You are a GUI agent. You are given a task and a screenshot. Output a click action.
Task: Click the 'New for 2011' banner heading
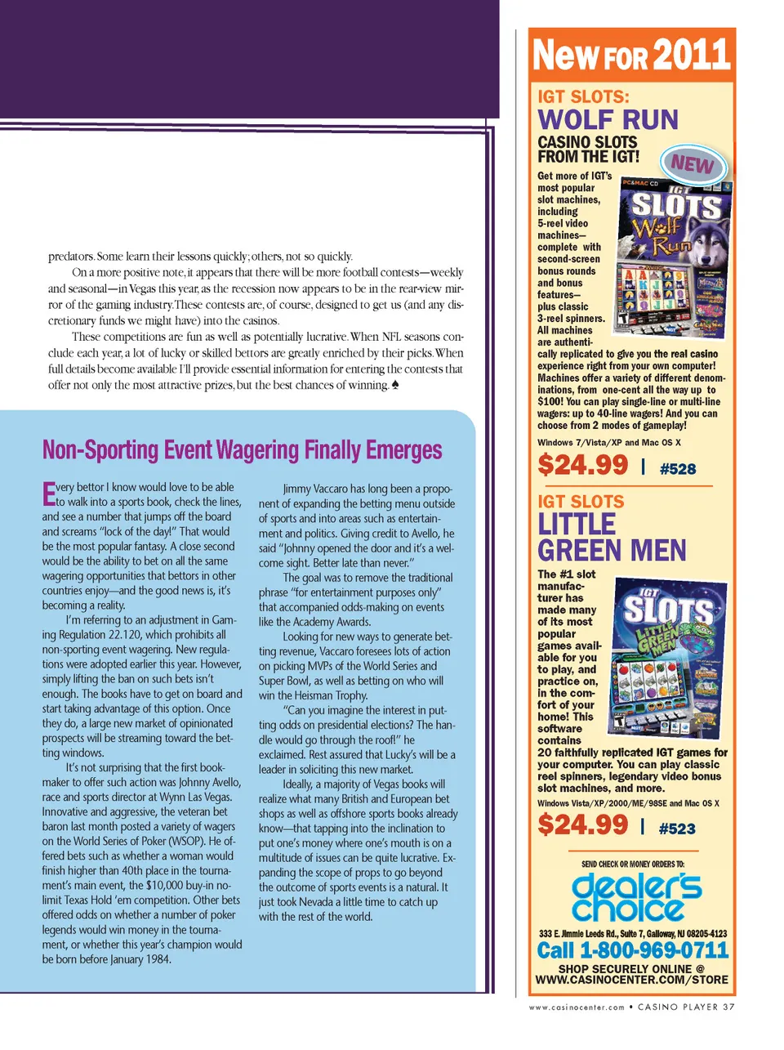630,56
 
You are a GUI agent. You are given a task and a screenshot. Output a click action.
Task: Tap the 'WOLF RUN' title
608,120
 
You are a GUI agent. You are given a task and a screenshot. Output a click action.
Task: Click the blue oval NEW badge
692,164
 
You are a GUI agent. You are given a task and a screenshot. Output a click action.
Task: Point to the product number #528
677,469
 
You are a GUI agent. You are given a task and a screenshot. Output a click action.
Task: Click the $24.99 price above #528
582,466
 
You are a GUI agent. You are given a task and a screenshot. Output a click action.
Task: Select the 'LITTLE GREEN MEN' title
611,537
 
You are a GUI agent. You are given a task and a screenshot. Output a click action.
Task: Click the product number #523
677,829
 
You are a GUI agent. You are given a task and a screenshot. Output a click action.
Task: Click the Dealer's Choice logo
636,897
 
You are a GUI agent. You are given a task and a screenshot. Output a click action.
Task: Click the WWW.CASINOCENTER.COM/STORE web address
631,979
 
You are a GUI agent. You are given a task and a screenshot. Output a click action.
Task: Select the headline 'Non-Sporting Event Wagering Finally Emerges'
242,450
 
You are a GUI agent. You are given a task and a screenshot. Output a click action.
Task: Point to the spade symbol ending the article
394,386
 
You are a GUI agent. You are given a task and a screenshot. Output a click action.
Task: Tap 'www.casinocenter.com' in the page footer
577,1008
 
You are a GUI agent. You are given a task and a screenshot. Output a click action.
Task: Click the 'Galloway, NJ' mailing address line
632,933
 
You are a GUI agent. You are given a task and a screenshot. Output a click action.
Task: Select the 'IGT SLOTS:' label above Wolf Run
583,96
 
